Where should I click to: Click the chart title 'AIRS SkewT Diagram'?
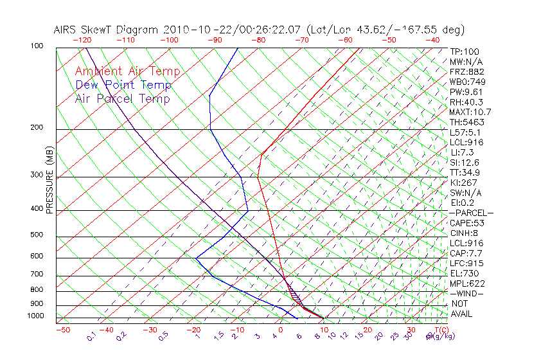pos(107,30)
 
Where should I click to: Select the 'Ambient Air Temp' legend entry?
pos(128,71)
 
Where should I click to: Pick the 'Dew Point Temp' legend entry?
pos(123,85)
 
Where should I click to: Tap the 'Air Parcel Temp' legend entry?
pos(123,98)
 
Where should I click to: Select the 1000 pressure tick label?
pos(37,316)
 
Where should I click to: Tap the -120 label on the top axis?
pos(82,40)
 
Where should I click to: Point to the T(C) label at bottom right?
pos(440,330)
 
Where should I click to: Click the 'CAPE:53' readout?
pos(466,223)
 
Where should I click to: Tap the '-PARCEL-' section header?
pos(471,213)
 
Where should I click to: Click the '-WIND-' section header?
pos(466,293)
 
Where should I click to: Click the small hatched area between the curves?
pos(294,296)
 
